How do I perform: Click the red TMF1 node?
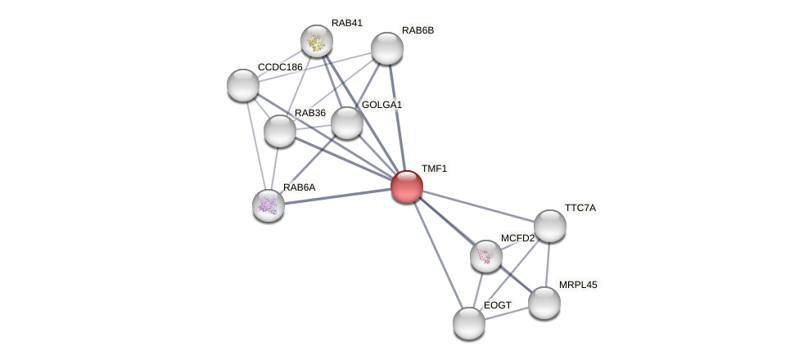(x=407, y=187)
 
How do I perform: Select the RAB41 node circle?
(x=317, y=41)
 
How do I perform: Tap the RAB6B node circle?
(x=387, y=48)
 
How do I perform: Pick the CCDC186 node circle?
(x=243, y=85)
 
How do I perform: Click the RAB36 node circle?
(x=280, y=131)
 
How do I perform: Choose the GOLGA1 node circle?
(x=347, y=123)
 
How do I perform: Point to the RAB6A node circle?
(x=269, y=205)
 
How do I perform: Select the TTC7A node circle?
(x=550, y=226)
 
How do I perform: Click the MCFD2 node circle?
(x=486, y=256)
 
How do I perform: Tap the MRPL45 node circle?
(x=544, y=303)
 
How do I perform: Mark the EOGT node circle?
(x=469, y=323)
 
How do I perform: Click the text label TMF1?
(x=434, y=169)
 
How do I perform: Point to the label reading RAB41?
(x=346, y=23)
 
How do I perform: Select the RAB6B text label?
(x=418, y=30)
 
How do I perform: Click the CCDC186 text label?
(x=280, y=67)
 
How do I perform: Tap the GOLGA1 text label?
(x=381, y=105)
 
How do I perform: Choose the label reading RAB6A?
(x=299, y=187)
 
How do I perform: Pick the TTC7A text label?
(x=580, y=208)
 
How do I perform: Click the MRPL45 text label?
(x=578, y=285)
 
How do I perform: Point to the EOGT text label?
(x=497, y=305)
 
